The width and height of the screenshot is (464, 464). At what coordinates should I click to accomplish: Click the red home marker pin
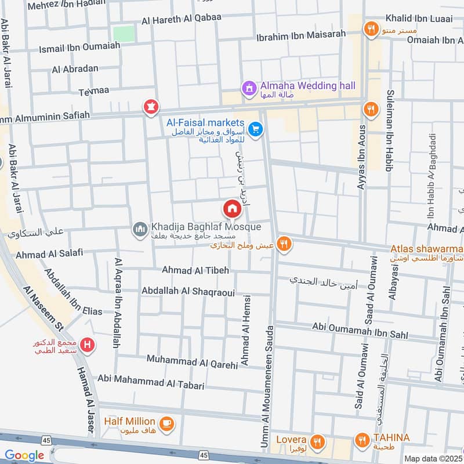232,208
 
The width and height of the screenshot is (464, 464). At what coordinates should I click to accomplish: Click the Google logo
24,456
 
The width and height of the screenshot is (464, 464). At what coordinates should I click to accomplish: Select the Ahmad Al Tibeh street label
195,270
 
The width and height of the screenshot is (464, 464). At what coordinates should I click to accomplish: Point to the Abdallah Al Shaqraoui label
188,292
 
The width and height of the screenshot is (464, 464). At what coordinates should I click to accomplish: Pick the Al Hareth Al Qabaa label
182,17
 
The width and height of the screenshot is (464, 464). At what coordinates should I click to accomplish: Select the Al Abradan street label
75,68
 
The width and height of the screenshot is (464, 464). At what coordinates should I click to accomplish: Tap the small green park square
123,33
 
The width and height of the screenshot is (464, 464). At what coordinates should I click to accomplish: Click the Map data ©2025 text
432,458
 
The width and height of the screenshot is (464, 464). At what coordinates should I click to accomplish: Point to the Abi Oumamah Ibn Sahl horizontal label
360,331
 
